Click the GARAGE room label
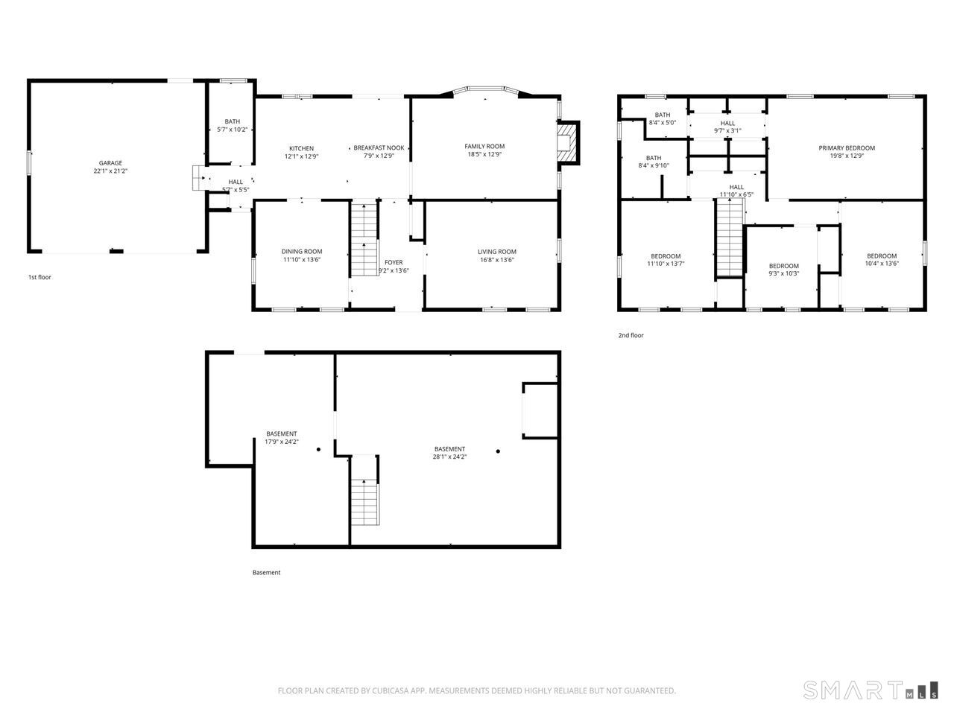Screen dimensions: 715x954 pyautogui.click(x=110, y=163)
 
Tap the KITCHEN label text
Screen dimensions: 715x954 pyautogui.click(x=301, y=148)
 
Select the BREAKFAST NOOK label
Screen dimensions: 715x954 pyautogui.click(x=379, y=148)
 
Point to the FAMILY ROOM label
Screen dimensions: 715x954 pyautogui.click(x=484, y=147)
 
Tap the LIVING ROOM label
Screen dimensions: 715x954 pyautogui.click(x=497, y=252)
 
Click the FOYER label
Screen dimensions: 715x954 pyautogui.click(x=394, y=262)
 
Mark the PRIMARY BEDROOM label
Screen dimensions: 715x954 pyautogui.click(x=847, y=148)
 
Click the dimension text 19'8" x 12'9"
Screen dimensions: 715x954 pyautogui.click(x=847, y=156)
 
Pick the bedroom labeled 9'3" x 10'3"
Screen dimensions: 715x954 pyautogui.click(x=783, y=270)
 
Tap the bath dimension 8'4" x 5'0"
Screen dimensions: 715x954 pyautogui.click(x=662, y=123)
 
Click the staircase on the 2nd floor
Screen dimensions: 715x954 pyautogui.click(x=730, y=238)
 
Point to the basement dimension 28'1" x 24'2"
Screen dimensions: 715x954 pyautogui.click(x=449, y=457)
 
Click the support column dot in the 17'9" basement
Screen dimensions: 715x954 pyautogui.click(x=318, y=450)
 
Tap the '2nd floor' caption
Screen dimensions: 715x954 pyautogui.click(x=631, y=336)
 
